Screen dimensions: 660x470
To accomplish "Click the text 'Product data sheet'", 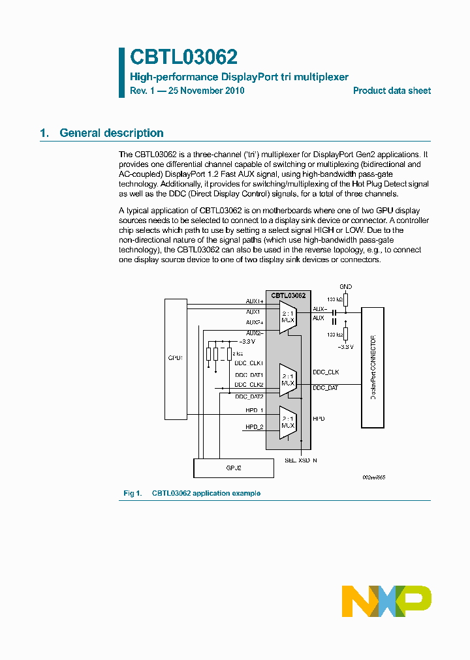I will (392, 91).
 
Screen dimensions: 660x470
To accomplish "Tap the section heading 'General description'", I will (111, 133).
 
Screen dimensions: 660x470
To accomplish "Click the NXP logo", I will (386, 601).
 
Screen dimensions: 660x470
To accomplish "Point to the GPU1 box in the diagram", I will (176, 359).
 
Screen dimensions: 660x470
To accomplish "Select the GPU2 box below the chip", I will (233, 468).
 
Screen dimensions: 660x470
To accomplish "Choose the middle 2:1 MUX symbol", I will (288, 380).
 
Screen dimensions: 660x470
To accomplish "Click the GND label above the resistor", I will (346, 287).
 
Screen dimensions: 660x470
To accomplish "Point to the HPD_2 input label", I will (254, 427).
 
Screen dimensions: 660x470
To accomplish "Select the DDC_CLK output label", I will (326, 372).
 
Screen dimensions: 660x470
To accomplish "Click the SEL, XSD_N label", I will (301, 460).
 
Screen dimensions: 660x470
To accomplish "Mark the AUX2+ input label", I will (255, 322).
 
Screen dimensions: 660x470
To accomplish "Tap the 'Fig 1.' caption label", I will (133, 493).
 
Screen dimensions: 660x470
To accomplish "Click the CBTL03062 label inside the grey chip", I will (288, 295).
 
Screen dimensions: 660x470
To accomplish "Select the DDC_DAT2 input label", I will (249, 396).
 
